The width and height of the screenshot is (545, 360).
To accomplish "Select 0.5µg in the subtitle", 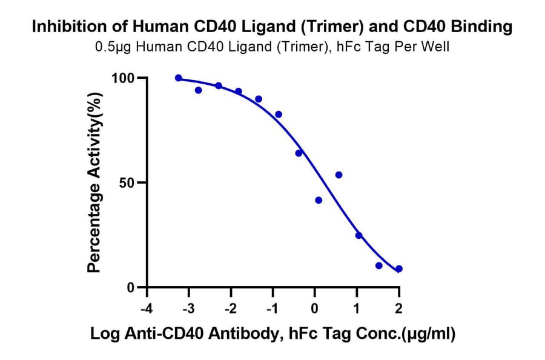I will click(114, 47).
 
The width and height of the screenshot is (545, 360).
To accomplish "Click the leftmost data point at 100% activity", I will click(178, 78).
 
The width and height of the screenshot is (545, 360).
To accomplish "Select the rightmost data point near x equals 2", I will click(399, 268).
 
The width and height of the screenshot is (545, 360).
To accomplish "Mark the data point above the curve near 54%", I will click(339, 175).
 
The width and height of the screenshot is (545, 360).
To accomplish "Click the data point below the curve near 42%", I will click(319, 200).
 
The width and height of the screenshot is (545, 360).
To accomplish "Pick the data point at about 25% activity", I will click(358, 235).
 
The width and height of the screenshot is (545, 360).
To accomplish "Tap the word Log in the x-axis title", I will click(104, 333).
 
